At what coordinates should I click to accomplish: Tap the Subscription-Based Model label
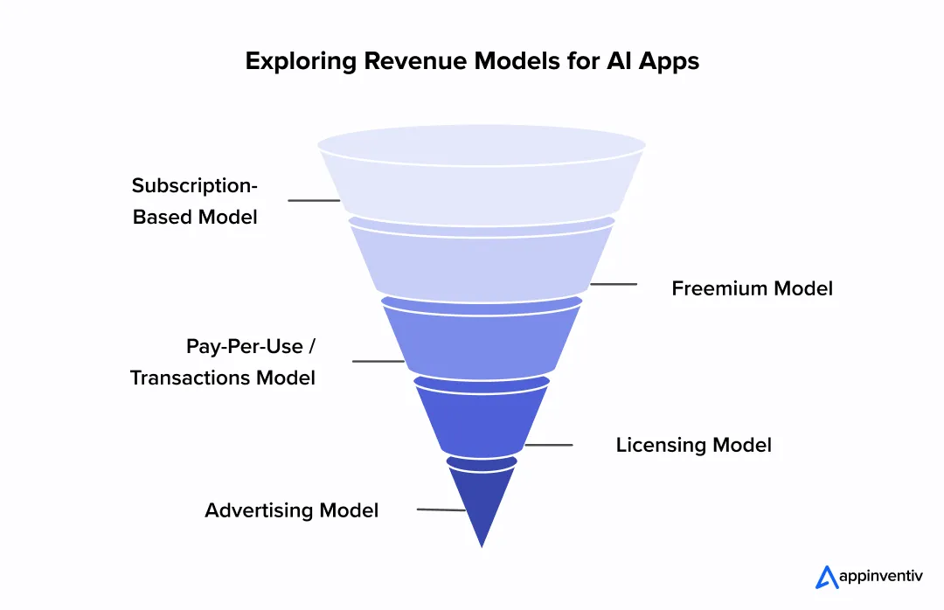click(x=195, y=201)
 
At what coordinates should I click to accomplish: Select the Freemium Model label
click(x=752, y=288)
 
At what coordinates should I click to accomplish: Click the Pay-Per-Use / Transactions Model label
click(x=223, y=362)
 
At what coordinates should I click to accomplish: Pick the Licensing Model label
click(x=693, y=445)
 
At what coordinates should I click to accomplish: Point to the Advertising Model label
click(x=291, y=510)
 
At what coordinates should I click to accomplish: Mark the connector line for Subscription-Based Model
click(x=313, y=201)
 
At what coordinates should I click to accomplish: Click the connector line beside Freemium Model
click(x=614, y=284)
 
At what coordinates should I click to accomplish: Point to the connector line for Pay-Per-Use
click(x=378, y=361)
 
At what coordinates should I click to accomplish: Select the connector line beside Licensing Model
click(x=548, y=445)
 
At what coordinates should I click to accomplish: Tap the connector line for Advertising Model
click(x=441, y=509)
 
